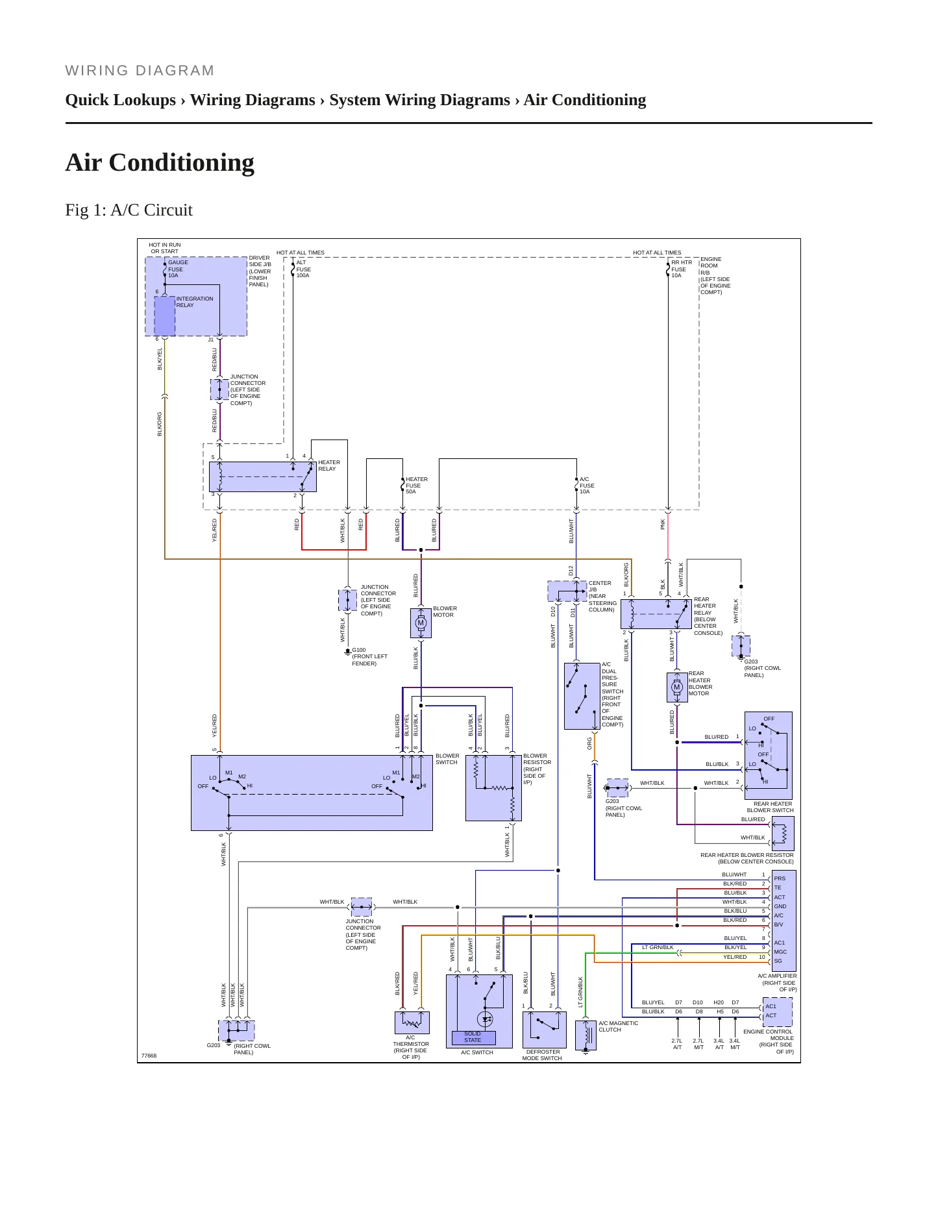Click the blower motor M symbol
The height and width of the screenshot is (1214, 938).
[421, 623]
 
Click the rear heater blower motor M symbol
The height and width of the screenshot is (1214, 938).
[677, 688]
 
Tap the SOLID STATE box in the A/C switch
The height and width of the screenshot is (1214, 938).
[473, 1037]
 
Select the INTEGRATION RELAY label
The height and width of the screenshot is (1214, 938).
[195, 302]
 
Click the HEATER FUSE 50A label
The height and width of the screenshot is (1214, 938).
[417, 486]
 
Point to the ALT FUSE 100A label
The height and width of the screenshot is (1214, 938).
[303, 269]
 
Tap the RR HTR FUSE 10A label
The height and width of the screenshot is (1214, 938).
[682, 269]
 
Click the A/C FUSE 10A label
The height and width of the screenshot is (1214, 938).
[587, 486]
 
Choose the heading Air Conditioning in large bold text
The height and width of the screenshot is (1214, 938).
[160, 162]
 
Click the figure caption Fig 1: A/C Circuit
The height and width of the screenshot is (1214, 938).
[129, 210]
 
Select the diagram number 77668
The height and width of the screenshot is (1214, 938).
[149, 1056]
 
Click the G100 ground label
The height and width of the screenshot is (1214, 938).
[359, 650]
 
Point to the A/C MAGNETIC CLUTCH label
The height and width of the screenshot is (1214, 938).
[618, 1026]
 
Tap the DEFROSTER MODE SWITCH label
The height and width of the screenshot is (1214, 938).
[542, 1055]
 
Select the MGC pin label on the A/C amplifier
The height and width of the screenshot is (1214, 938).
[780, 952]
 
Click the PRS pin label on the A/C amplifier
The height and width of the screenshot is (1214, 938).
[780, 878]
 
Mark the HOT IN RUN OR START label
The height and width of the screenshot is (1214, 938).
[165, 248]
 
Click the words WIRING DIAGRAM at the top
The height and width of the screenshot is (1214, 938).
[140, 71]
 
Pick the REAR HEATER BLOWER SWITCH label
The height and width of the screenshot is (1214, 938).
[770, 807]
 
